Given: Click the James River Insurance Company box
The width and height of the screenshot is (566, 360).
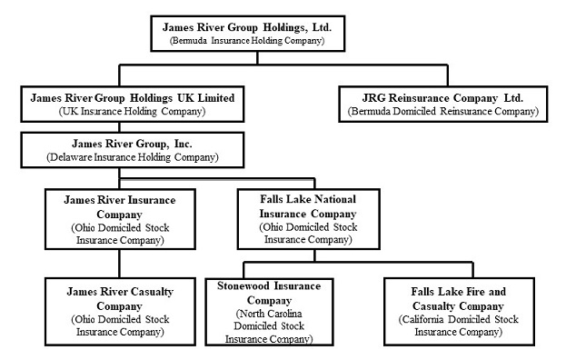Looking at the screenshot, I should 119,218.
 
